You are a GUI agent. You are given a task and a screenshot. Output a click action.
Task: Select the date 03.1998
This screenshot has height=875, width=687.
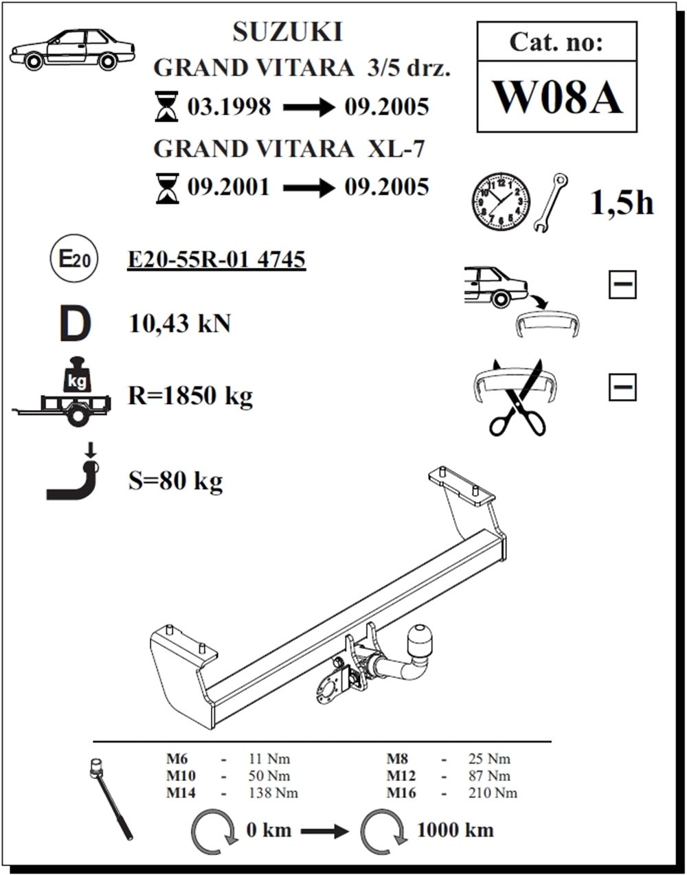coord(229,107)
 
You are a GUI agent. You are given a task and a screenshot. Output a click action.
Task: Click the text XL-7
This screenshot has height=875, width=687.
coord(398,148)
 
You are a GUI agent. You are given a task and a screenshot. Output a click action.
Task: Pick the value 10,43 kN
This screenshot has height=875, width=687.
coord(179,323)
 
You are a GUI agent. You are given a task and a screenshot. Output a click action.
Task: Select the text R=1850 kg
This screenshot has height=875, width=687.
coord(190,396)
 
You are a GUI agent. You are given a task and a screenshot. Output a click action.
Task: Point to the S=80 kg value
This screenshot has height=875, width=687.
coord(175,481)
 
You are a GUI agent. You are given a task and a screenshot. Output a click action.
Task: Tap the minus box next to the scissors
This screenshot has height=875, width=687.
coord(622,387)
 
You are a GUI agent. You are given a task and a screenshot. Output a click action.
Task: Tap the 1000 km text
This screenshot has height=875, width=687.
coord(455,830)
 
